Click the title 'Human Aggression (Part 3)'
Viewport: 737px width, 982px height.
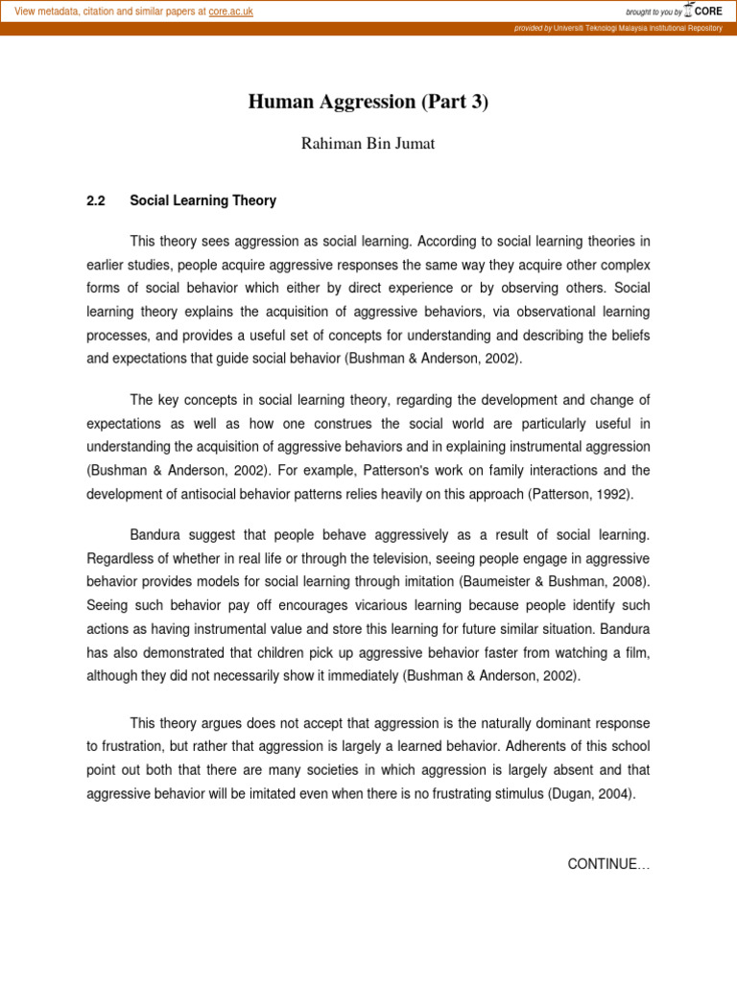368,103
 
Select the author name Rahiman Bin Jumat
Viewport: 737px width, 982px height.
368,144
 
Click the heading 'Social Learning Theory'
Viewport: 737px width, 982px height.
202,201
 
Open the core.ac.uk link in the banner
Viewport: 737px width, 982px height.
230,12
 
